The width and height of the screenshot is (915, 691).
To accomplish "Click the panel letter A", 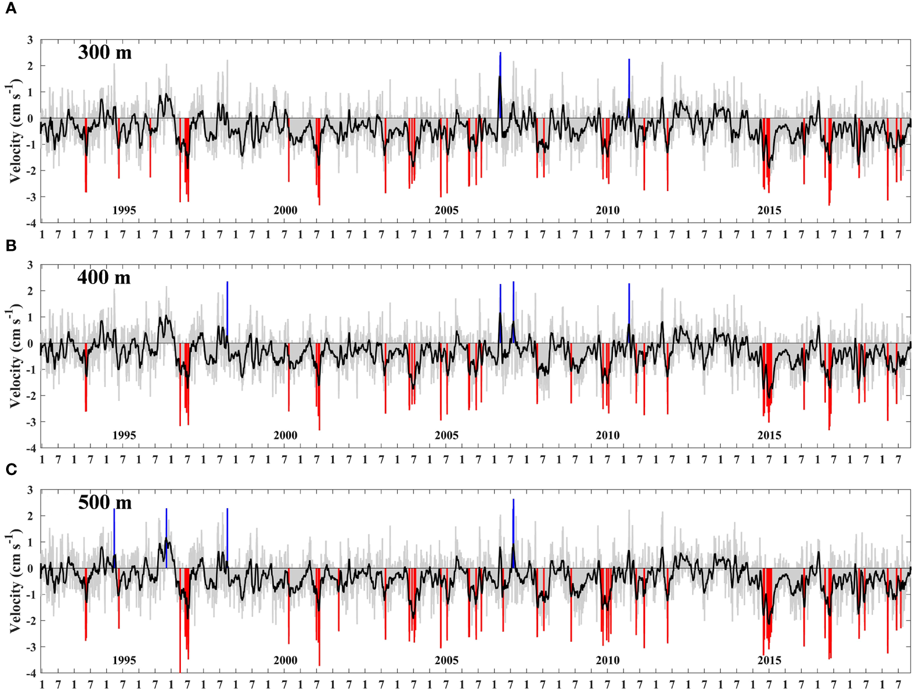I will [11, 9].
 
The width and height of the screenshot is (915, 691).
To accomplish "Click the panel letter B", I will [11, 245].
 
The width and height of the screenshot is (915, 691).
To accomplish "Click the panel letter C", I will [11, 470].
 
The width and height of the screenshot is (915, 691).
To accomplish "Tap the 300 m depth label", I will [105, 53].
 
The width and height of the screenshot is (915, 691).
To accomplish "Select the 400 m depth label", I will [104, 277].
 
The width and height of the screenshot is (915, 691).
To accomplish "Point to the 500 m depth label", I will [105, 502].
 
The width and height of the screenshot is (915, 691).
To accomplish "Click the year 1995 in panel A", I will [124, 210].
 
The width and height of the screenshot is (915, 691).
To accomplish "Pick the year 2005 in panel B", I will [446, 435].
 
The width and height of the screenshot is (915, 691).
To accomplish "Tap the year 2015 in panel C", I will [769, 660].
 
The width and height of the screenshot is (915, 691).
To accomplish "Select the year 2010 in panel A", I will [607, 210].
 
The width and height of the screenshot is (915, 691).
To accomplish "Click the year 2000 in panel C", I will [285, 660].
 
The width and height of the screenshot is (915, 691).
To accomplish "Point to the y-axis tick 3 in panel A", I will [30, 40].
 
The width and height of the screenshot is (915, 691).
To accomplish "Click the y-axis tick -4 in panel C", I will [29, 673].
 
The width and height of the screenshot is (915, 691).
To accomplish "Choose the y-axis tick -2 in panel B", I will [29, 396].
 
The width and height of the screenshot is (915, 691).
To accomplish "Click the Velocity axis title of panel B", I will [15, 356].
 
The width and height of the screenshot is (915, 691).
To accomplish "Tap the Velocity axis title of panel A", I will [15, 132].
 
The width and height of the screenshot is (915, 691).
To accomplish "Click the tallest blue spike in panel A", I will [500, 72].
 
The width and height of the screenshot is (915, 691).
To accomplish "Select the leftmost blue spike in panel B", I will [227, 305].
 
